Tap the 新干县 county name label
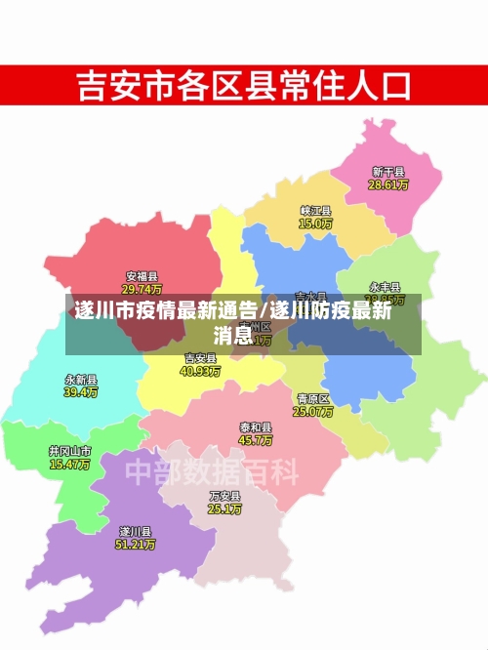[x=388, y=172]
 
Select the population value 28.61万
[x=388, y=184]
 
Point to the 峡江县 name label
[x=315, y=211]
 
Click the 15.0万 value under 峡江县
[x=315, y=223]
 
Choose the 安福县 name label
[x=142, y=276]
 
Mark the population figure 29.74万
[x=142, y=289]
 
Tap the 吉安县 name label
[x=201, y=358]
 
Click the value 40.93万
[x=201, y=371]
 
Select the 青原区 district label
[x=313, y=399]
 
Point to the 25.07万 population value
[x=313, y=412]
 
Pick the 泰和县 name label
[x=256, y=427]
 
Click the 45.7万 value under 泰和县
[x=256, y=440]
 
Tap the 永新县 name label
[x=81, y=379]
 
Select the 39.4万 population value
[x=81, y=391]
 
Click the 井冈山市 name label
[x=69, y=452]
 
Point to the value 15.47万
[x=69, y=465]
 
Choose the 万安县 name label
[x=224, y=496]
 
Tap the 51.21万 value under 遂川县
[x=135, y=544]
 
